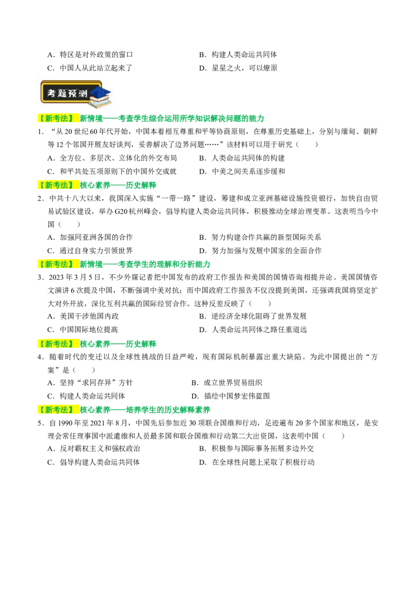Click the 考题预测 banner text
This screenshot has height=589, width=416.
pos(67,93)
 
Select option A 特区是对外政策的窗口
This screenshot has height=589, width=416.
pos(90,55)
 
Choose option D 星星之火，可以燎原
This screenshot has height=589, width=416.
pos(238,68)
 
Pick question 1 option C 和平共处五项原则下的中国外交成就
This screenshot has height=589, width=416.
pos(112,172)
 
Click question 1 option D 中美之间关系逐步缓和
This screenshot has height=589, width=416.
pos(242,172)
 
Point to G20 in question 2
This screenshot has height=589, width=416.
pos(122,211)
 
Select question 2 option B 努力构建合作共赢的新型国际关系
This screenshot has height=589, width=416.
pos(260,237)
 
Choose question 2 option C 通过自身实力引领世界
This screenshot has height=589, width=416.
pos(90,251)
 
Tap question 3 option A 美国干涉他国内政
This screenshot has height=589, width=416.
pos(83,317)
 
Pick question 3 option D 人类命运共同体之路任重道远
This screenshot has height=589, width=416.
pos(253,330)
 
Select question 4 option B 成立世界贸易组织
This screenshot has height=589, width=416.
pos(227,383)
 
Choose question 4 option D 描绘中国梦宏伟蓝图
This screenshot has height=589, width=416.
pos(230,396)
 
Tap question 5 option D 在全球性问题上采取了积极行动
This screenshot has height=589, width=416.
pos(257,463)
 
